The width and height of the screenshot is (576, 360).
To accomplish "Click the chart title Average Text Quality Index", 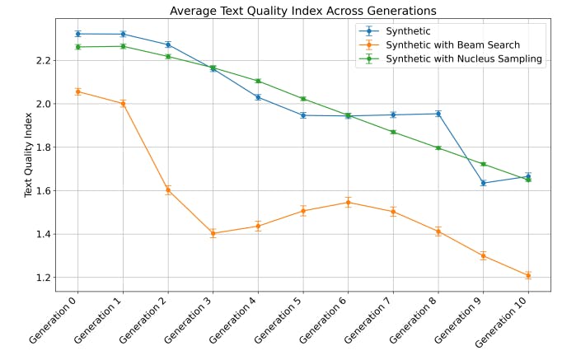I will tap(302, 11).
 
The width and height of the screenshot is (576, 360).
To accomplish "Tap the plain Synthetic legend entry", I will tap(408, 30).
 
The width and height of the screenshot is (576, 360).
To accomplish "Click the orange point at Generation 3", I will tap(213, 233).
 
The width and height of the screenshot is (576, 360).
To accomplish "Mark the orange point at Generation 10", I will tap(528, 275).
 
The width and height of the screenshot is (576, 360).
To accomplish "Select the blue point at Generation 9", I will tap(483, 183).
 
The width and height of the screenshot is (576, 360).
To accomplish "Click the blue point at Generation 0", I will tap(78, 34).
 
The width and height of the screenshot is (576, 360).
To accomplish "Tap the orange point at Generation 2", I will tap(168, 189).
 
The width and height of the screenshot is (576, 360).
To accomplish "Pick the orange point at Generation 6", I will tap(349, 202).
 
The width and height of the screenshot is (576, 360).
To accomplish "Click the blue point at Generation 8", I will tap(438, 114).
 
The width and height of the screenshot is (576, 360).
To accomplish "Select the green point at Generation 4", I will tap(258, 81).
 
